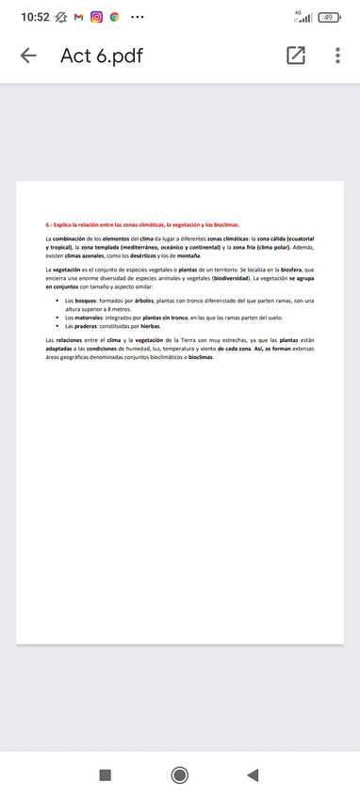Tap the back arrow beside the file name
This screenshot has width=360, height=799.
click(28, 56)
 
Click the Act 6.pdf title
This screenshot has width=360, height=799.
click(101, 56)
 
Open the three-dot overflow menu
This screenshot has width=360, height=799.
click(336, 56)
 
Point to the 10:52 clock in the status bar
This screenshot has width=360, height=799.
click(35, 17)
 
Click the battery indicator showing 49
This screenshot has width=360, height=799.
click(329, 17)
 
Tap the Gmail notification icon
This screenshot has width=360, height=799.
click(78, 17)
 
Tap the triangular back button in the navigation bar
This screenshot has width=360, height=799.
click(252, 775)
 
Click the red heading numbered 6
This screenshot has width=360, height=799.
click(142, 226)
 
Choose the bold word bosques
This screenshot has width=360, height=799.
click(89, 301)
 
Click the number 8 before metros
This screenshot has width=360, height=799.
click(109, 309)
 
